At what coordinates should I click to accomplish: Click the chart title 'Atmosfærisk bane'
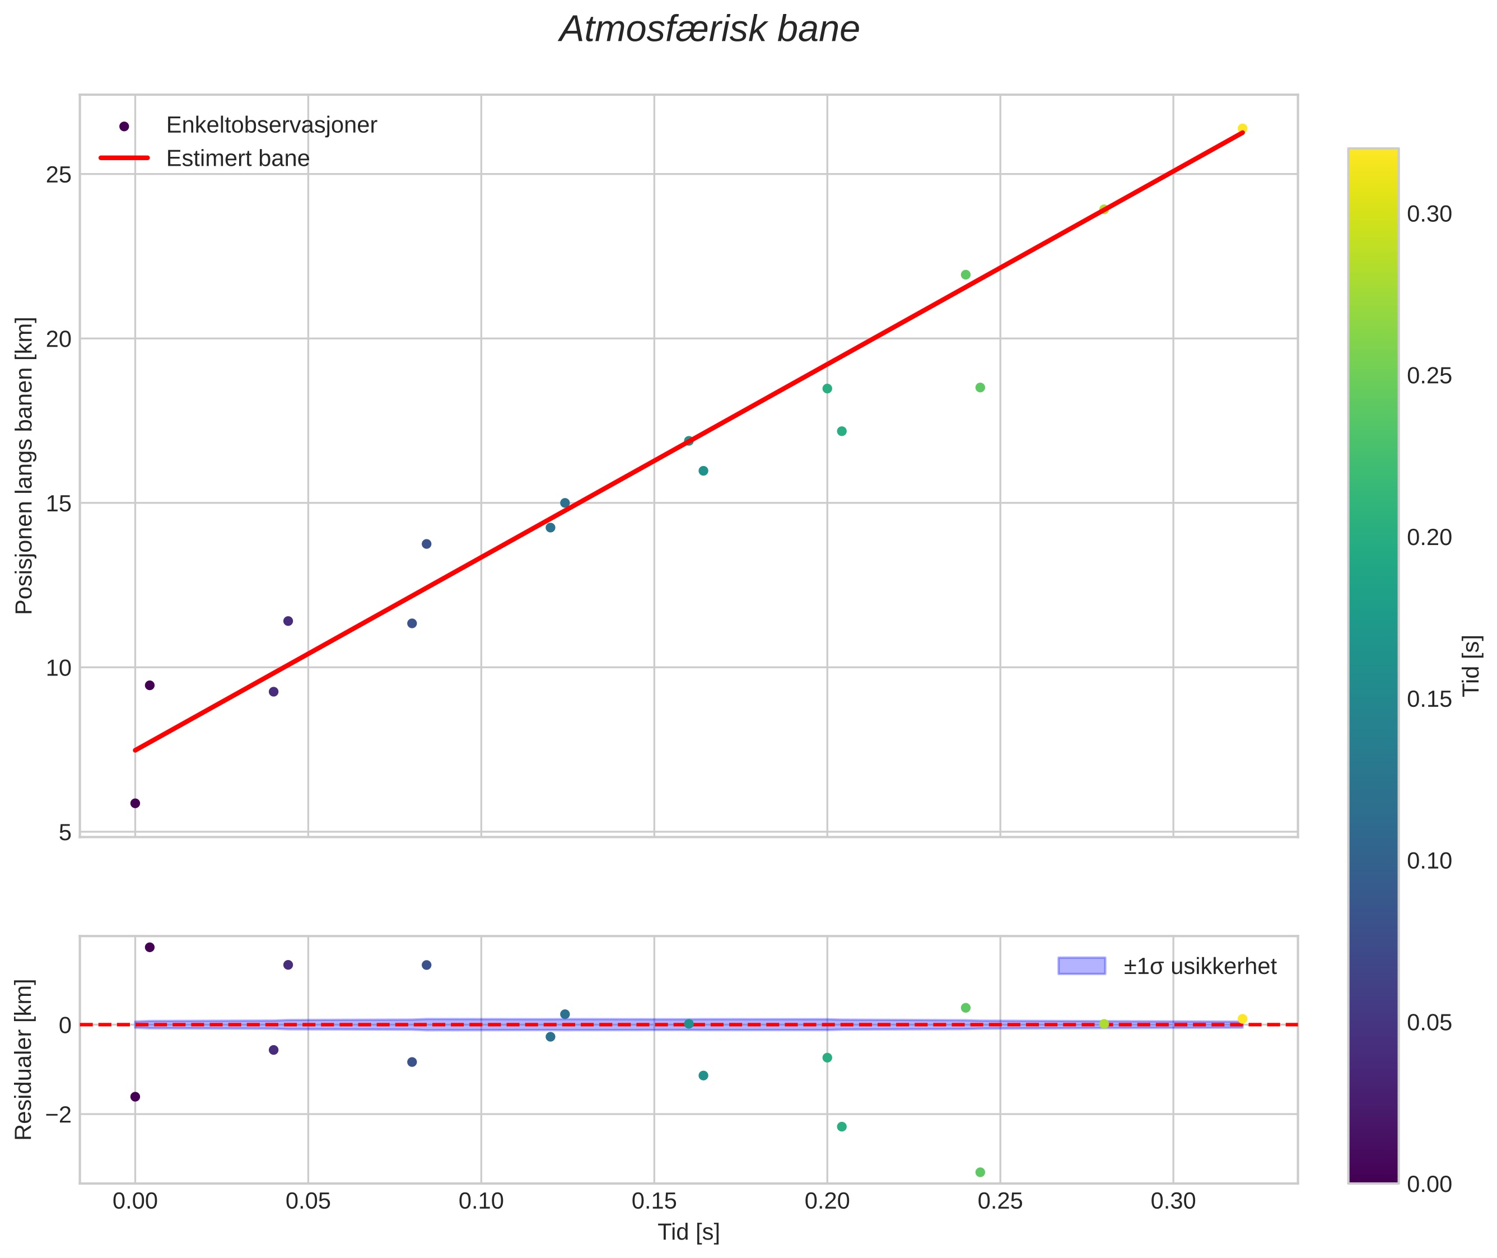[x=709, y=30]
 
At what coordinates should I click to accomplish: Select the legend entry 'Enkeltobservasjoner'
[x=271, y=125]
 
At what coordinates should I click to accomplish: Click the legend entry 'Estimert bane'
[x=237, y=159]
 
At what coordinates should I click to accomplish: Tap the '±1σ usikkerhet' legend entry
[x=1200, y=966]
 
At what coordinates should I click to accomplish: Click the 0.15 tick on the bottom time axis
[x=654, y=1201]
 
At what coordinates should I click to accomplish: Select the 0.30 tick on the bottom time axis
[x=1173, y=1201]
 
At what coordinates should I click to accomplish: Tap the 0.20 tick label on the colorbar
[x=1429, y=537]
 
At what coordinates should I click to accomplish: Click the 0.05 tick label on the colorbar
[x=1429, y=1023]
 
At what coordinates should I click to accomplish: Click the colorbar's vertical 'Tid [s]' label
[x=1472, y=665]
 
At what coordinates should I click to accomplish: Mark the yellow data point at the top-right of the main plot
[x=1242, y=128]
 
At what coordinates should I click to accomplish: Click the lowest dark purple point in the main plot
[x=136, y=803]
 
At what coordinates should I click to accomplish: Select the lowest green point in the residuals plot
[x=980, y=1172]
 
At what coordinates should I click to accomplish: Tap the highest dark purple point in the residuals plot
[x=150, y=947]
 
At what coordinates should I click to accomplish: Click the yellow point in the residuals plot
[x=1242, y=1019]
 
